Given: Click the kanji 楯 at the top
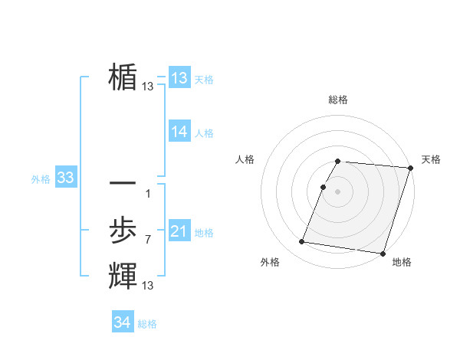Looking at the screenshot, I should (x=123, y=77).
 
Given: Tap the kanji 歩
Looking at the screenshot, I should (x=123, y=231).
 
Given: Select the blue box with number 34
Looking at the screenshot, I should (x=123, y=322).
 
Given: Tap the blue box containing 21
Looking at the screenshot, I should (x=179, y=232).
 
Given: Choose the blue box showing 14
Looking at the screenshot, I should (x=179, y=132).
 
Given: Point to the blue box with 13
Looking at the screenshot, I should (x=179, y=78).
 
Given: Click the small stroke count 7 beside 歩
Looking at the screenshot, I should (x=148, y=240).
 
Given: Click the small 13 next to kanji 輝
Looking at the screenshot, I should (x=148, y=286).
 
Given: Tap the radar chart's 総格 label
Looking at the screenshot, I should (x=338, y=100).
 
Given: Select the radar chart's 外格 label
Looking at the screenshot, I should (x=270, y=262).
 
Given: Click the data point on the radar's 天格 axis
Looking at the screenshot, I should (x=410, y=168).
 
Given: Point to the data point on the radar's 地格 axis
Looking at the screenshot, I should (x=382, y=253).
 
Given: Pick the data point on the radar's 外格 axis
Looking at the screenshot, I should (x=302, y=242).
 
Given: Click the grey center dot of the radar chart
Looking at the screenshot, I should (x=338, y=191).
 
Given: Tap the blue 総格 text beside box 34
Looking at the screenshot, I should (x=147, y=324).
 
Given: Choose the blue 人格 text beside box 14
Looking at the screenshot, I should (x=204, y=133).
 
